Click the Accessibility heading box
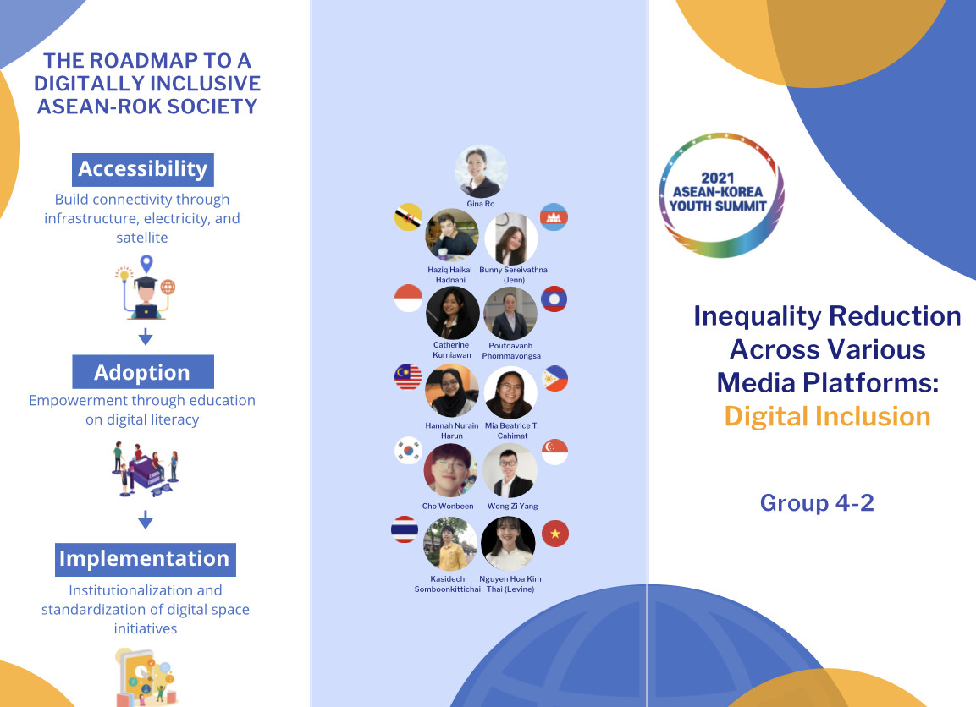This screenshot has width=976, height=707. coord(142,169)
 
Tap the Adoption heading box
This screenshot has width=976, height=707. coord(142,372)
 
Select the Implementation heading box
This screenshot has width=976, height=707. coord(145,559)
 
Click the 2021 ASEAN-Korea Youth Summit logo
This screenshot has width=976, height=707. coord(721,195)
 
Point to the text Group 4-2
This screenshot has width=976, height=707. coord(817,502)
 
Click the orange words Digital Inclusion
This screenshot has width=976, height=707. coord(827,416)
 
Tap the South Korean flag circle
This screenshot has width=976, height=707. coord(408,451)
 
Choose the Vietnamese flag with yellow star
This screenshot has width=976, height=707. coord(555,534)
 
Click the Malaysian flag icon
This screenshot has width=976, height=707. coord(408,377)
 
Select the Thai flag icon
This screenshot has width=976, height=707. coord(405,529)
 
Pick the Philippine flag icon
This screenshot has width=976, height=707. coord(554,379)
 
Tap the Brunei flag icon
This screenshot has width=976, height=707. coord(408,217)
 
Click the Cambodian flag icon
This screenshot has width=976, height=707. coord(554,217)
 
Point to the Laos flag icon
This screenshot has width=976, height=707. coord(554,299)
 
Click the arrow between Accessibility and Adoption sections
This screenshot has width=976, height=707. coord(146,337)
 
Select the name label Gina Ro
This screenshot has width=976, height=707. coord(481,204)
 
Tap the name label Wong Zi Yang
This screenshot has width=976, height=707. coord(512,507)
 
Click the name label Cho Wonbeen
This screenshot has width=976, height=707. coord(448,507)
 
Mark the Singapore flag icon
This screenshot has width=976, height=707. coord(554,452)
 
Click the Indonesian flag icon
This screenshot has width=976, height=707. coord(408,298)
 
